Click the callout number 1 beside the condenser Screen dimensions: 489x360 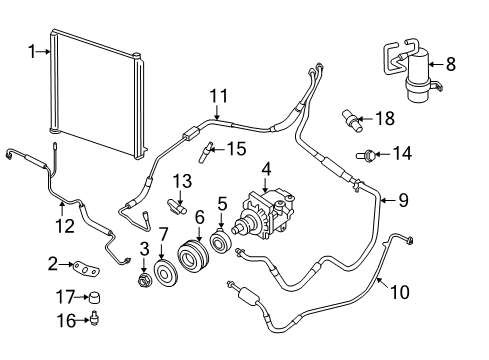pos(31,52)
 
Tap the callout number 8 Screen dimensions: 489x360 pos(451,64)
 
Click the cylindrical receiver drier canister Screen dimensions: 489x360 pos(418,75)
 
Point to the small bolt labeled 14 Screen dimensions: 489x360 pos(366,155)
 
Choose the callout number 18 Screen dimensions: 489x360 pos(386,118)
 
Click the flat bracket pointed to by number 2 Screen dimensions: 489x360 pos(87,269)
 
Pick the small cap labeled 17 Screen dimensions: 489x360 pos(95,298)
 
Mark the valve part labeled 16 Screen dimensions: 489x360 pos(95,318)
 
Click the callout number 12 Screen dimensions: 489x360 pos(65,226)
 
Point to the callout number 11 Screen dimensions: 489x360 pos(219,96)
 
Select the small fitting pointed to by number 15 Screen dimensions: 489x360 pos(205,152)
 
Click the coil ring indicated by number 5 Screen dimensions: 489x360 pos(220,242)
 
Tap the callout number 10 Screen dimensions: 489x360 pos(400,292)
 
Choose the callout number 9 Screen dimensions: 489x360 pos(404,200)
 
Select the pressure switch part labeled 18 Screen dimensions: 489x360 pos(352,121)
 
